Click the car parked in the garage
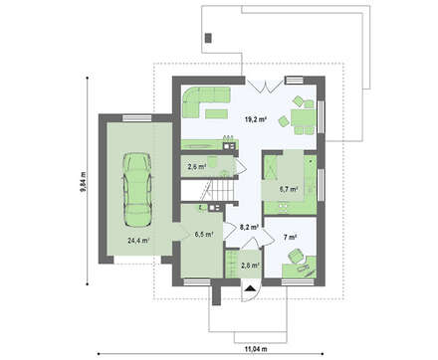(x=137, y=190)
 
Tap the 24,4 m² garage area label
(x=138, y=241)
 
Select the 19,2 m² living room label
(x=256, y=119)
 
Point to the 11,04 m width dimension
(x=256, y=349)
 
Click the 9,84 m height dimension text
(x=83, y=182)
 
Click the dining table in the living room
(x=304, y=117)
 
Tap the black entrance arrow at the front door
(x=249, y=288)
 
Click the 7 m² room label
(x=290, y=237)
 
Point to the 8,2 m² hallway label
(x=249, y=227)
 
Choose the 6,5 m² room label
(x=204, y=235)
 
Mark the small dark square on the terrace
(x=208, y=38)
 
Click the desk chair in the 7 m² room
(x=295, y=256)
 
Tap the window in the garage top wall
(x=136, y=118)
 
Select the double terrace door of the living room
(x=265, y=86)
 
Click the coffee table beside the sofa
(x=216, y=113)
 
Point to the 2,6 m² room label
(x=197, y=166)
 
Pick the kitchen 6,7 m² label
(x=288, y=189)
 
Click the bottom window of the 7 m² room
(x=298, y=282)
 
